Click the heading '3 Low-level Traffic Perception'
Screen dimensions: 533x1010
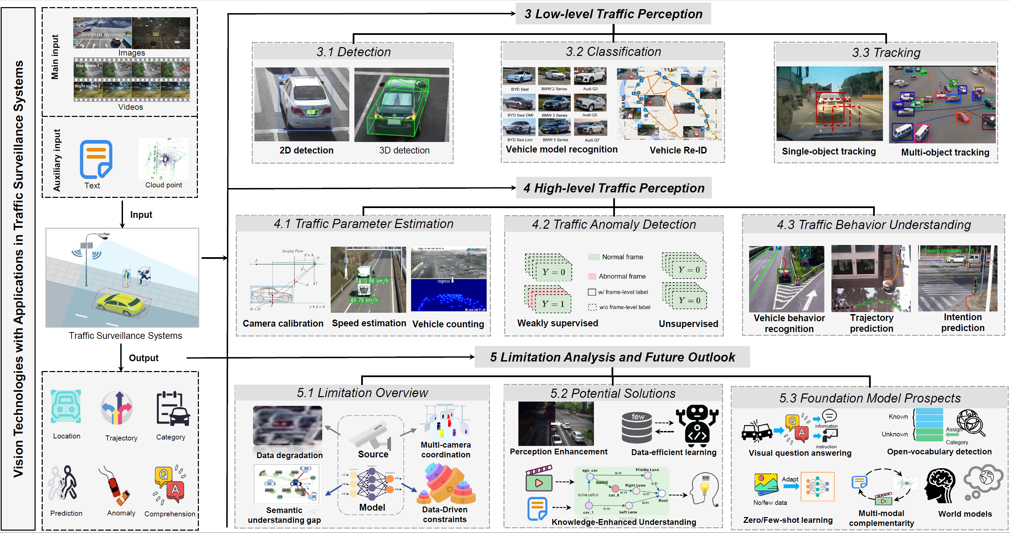[x=613, y=14]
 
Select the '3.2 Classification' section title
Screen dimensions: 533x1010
[x=613, y=52]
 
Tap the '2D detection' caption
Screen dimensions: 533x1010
[x=306, y=150]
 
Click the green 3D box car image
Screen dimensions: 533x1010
[x=401, y=104]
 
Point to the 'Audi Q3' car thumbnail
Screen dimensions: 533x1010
[x=590, y=76]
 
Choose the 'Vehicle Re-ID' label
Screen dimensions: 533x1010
[x=678, y=150]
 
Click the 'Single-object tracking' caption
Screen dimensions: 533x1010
[x=828, y=151]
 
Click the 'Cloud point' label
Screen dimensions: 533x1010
[x=164, y=185]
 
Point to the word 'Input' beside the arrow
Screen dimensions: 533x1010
[x=141, y=214]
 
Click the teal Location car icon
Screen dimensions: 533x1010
[x=66, y=406]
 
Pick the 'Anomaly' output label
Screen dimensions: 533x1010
[x=121, y=513]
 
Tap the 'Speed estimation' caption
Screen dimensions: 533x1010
[x=369, y=323]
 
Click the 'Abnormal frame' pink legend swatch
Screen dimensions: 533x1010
[x=592, y=276]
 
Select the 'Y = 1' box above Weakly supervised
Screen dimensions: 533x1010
[x=553, y=304]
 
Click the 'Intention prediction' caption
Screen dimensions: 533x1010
[x=963, y=322]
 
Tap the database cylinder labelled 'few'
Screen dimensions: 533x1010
[x=637, y=428]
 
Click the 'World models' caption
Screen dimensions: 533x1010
[x=965, y=514]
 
